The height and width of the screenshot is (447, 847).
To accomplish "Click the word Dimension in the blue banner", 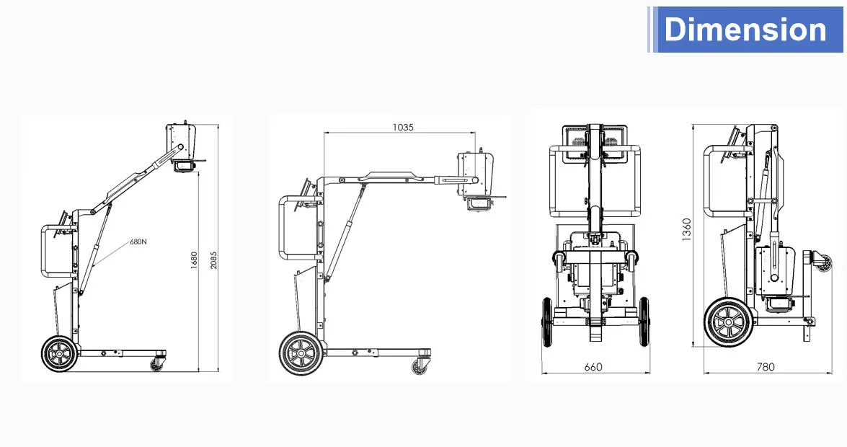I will pos(745,30).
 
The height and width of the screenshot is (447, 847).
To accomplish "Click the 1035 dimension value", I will pos(403,128).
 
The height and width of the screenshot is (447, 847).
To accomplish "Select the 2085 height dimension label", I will pos(213,261).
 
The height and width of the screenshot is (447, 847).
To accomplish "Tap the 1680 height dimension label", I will pos(193,260).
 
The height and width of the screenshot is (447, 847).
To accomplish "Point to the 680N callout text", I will pos(138,242).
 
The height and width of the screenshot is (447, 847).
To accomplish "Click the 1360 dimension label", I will pos(686,231).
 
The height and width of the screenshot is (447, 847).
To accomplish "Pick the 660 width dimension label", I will pos(593,367).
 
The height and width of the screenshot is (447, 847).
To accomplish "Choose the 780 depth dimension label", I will pos(766,367).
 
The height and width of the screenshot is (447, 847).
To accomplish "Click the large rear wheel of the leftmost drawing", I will pos(59,355).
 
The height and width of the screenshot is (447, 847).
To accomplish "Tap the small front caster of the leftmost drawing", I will pos(156,364).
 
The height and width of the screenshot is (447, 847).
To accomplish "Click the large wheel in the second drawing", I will pos(299,353).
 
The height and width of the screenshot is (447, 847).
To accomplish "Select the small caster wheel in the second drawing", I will pos(419,366).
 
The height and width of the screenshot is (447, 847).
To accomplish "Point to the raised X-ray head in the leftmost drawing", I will pos(182,144).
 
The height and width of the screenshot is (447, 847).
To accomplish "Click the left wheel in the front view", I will pos(547,322).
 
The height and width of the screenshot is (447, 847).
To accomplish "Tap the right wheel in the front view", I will pos(643,322).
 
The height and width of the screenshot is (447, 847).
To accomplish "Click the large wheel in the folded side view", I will pos(727,322).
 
